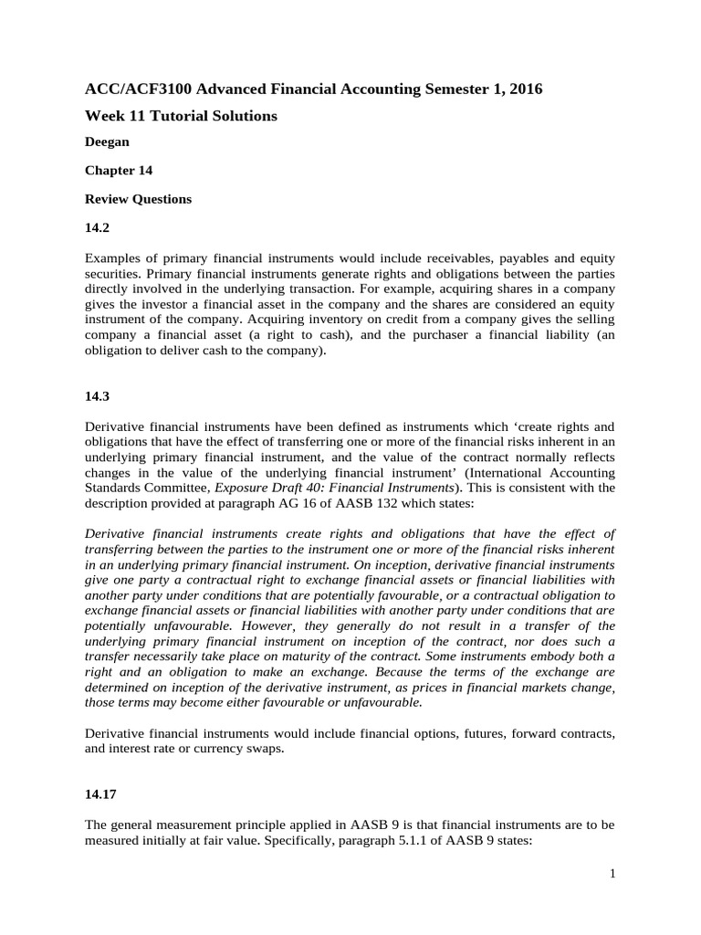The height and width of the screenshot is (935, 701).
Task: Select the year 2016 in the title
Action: coord(524,89)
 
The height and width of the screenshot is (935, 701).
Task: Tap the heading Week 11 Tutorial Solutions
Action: coord(181,116)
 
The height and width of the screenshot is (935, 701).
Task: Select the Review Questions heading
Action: coord(138,199)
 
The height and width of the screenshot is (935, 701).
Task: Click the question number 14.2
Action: coord(97,226)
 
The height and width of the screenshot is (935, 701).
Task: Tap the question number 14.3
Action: coord(97,396)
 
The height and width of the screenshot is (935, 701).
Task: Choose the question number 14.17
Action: coord(100,796)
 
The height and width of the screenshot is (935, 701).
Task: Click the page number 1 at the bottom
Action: coord(612,875)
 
